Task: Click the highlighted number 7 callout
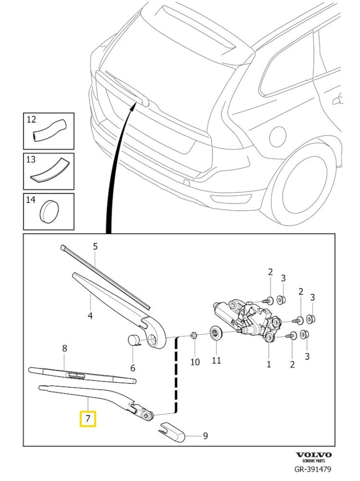pyautogui.click(x=88, y=419)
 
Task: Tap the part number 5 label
pyautogui.click(x=95, y=246)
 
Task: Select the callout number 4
pyautogui.click(x=90, y=316)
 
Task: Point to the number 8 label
pyautogui.click(x=64, y=348)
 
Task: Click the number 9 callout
pyautogui.click(x=205, y=436)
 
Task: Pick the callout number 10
pyautogui.click(x=195, y=362)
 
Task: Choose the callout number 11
pyautogui.click(x=216, y=362)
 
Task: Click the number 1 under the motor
pyautogui.click(x=269, y=363)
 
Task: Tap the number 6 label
pyautogui.click(x=133, y=368)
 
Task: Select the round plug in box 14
pyautogui.click(x=49, y=211)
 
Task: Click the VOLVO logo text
pyautogui.click(x=313, y=455)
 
